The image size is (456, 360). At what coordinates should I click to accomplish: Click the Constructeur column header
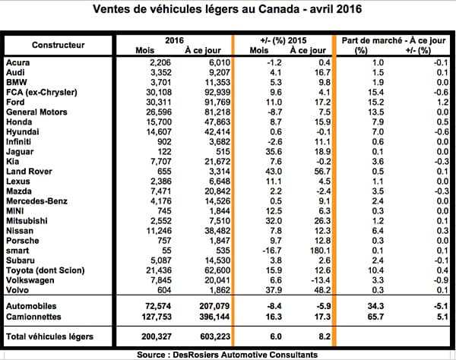pyautogui.click(x=59, y=45)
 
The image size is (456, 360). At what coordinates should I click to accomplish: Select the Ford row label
pyautogui.click(x=15, y=103)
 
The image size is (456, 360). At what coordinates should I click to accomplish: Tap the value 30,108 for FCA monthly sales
pyautogui.click(x=159, y=93)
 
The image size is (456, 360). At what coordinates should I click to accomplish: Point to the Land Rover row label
pyautogui.click(x=29, y=172)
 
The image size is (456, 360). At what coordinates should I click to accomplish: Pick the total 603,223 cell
pyautogui.click(x=215, y=336)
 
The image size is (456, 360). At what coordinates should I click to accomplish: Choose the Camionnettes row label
pyautogui.click(x=33, y=317)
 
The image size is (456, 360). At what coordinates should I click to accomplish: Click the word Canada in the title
pyautogui.click(x=279, y=8)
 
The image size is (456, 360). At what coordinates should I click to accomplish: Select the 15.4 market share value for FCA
pyautogui.click(x=375, y=93)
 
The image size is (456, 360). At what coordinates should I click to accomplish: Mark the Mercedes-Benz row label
pyautogui.click(x=36, y=201)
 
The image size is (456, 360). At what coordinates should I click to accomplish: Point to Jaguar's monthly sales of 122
pyautogui.click(x=164, y=152)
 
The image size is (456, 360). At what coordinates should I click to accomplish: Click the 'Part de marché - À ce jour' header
pyautogui.click(x=394, y=40)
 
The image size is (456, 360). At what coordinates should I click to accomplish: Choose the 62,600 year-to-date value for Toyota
pyautogui.click(x=217, y=270)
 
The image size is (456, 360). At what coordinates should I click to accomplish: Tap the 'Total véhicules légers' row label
pyautogui.click(x=49, y=336)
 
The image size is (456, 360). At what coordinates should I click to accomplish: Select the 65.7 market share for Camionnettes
pyautogui.click(x=375, y=317)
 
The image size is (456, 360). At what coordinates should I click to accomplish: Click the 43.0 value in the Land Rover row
pyautogui.click(x=274, y=172)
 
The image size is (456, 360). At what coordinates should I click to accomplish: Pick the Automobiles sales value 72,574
pyautogui.click(x=158, y=306)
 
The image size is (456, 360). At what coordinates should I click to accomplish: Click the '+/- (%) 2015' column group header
pyautogui.click(x=283, y=40)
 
